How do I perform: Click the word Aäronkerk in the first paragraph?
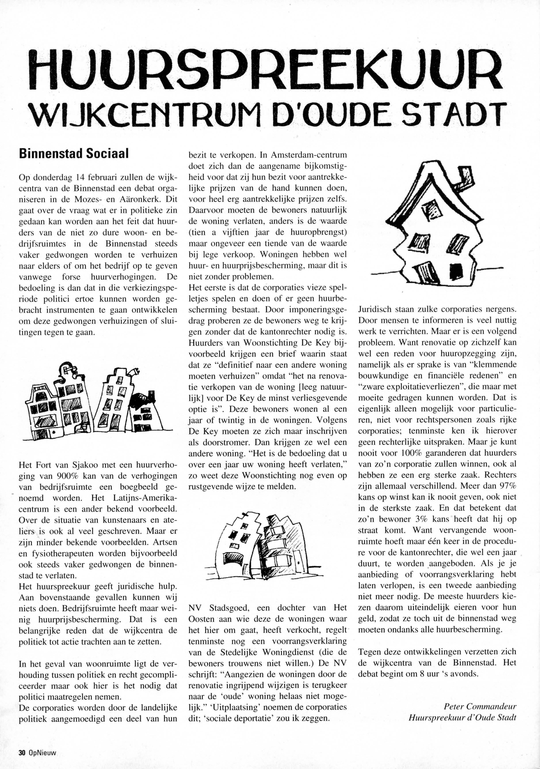[139, 199]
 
